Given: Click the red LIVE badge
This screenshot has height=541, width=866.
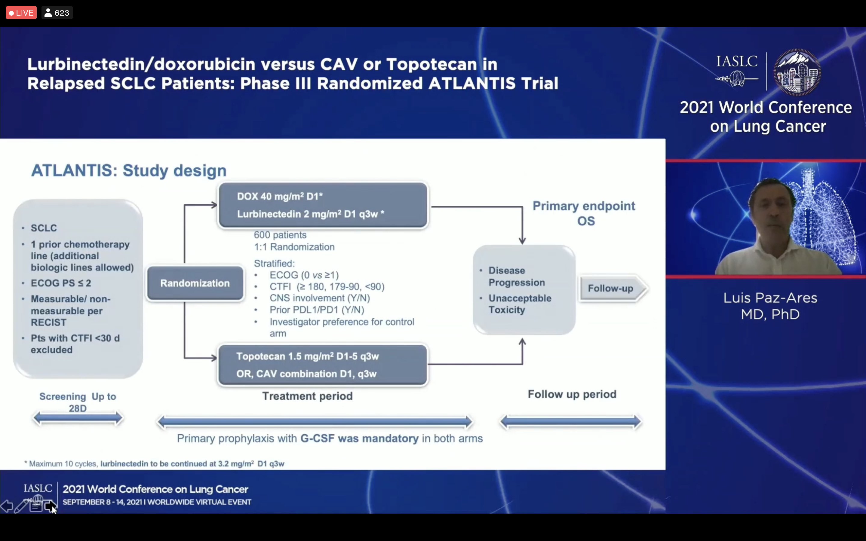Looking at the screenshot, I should coord(21,13).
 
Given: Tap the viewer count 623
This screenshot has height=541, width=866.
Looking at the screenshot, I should coord(57,13).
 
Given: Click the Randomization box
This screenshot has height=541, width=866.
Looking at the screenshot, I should coord(195,283).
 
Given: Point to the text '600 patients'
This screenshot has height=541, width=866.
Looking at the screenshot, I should coord(280,235).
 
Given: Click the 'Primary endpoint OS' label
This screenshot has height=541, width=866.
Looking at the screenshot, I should coord(584,213).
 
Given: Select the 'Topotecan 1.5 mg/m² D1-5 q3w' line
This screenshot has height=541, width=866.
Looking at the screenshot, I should coord(307,356).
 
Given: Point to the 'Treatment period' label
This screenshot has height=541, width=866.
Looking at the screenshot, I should coord(307,396).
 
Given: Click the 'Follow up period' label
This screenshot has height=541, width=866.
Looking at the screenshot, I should coord(572,394).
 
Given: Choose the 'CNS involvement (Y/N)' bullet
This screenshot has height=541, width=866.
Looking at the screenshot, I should coord(320,298).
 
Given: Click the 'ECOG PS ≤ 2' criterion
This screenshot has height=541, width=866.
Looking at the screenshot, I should coord(61,283).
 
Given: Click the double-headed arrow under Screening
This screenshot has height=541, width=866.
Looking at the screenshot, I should coord(78,418).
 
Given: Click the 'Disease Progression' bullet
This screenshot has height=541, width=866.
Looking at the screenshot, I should coord(516,276).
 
